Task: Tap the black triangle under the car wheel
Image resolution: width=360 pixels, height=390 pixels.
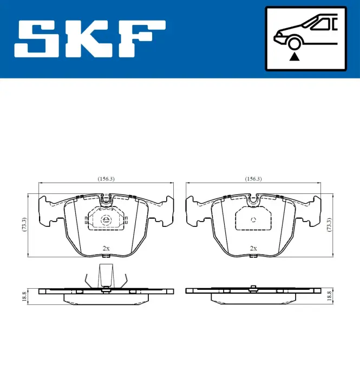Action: pyautogui.click(x=294, y=57)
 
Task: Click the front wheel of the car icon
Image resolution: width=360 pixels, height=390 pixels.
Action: pyautogui.click(x=294, y=43)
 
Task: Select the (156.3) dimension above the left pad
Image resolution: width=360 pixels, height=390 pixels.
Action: pyautogui.click(x=106, y=179)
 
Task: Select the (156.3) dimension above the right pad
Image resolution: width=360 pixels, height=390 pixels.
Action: pyautogui.click(x=253, y=179)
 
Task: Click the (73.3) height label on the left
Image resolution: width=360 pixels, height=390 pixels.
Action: pyautogui.click(x=24, y=225)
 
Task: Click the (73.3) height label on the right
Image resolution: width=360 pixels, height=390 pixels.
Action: pyautogui.click(x=329, y=225)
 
